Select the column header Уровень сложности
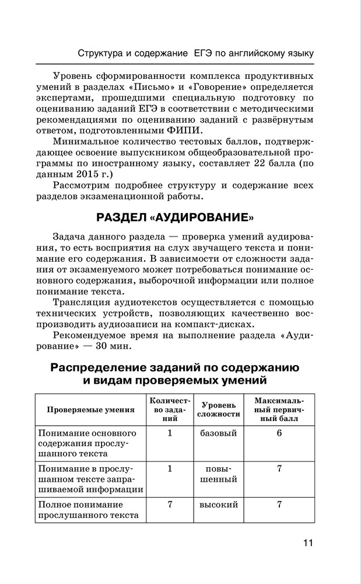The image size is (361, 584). pyautogui.click(x=219, y=409)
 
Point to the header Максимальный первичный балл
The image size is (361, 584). pyautogui.click(x=279, y=409)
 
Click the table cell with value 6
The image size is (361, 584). pyautogui.click(x=279, y=433)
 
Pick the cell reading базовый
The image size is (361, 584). pyautogui.click(x=219, y=433)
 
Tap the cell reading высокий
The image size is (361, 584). pyautogui.click(x=219, y=504)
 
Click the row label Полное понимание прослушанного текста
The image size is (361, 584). pyautogui.click(x=88, y=509)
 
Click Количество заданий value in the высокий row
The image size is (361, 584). pyautogui.click(x=170, y=504)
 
